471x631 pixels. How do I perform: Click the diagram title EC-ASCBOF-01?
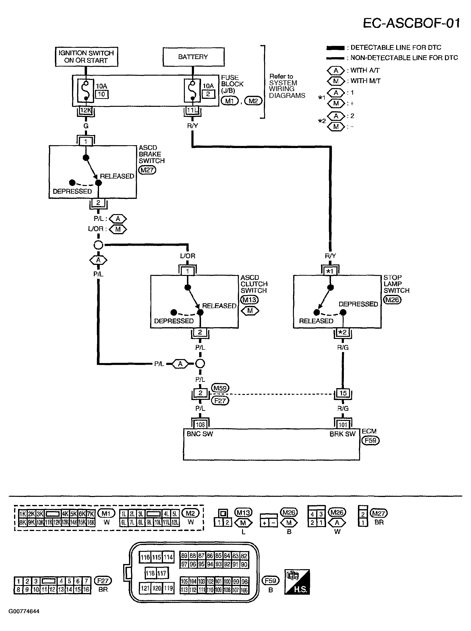[x=411, y=23]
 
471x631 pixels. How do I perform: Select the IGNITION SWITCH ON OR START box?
[x=86, y=57]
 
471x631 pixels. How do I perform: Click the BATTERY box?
[x=193, y=57]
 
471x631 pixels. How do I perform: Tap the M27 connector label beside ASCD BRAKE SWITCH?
[x=147, y=170]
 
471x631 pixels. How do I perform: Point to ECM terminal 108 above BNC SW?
[x=200, y=425]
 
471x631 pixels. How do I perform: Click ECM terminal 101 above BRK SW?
[x=343, y=425]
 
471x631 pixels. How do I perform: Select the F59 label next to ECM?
[x=370, y=440]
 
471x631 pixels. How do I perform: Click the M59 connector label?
[x=220, y=388]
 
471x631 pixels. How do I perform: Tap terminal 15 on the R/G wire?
[x=343, y=393]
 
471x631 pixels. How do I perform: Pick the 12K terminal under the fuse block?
[x=86, y=110]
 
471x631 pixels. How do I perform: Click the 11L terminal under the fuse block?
[x=192, y=110]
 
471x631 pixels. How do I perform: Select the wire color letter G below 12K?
[x=86, y=126]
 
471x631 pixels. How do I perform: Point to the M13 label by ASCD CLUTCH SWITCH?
[x=250, y=300]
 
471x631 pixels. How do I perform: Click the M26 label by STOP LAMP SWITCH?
[x=392, y=300]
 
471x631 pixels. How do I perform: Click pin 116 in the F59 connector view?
[x=145, y=557]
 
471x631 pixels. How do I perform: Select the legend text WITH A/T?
[x=365, y=70]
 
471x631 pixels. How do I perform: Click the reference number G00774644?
[x=24, y=611]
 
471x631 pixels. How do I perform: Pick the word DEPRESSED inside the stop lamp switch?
[x=358, y=304]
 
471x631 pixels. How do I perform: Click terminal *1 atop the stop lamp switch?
[x=330, y=271]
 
